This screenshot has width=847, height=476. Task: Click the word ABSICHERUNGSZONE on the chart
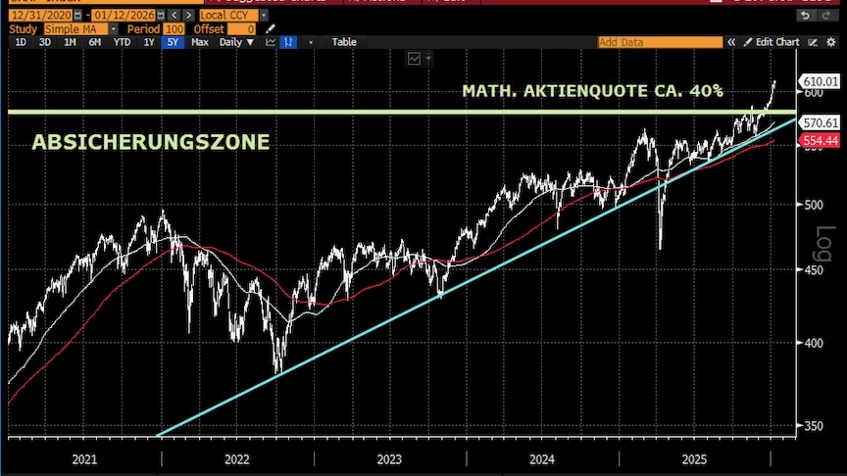pyautogui.click(x=151, y=143)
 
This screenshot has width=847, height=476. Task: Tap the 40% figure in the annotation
pyautogui.click(x=705, y=91)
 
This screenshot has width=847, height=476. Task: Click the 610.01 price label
pyautogui.click(x=820, y=81)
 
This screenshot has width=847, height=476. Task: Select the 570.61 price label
pyautogui.click(x=820, y=123)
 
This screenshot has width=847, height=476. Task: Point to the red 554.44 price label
pyautogui.click(x=820, y=141)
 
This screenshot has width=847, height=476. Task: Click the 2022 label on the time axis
pyautogui.click(x=236, y=458)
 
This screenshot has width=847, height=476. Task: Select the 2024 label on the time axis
pyautogui.click(x=542, y=458)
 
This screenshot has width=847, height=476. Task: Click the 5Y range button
pyautogui.click(x=173, y=42)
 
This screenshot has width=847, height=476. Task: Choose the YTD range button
pyautogui.click(x=122, y=42)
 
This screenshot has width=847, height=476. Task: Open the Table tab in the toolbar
pyautogui.click(x=344, y=42)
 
